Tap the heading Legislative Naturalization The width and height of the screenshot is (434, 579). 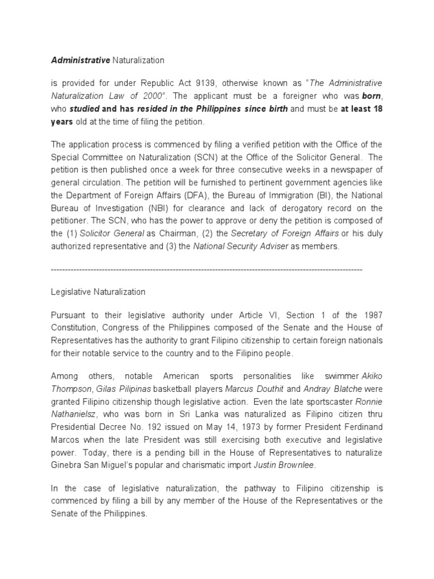[98, 292]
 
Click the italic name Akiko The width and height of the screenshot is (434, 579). [371, 375]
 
